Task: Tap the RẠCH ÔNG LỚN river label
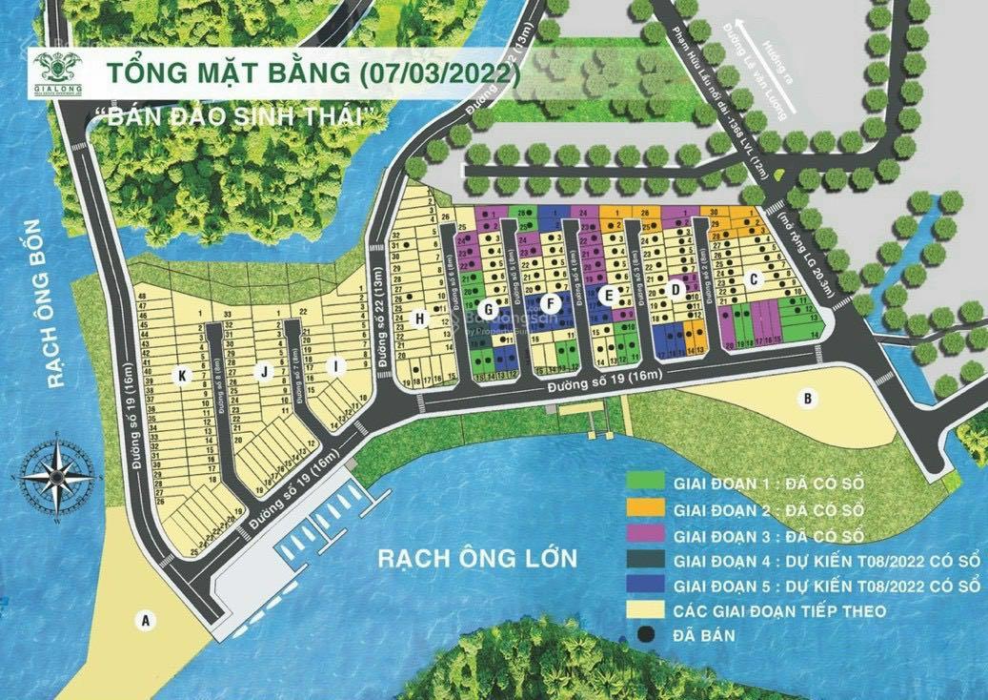(x=477, y=557)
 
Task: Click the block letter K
(x=180, y=375)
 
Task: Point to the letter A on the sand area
(x=145, y=621)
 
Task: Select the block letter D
(x=676, y=289)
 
